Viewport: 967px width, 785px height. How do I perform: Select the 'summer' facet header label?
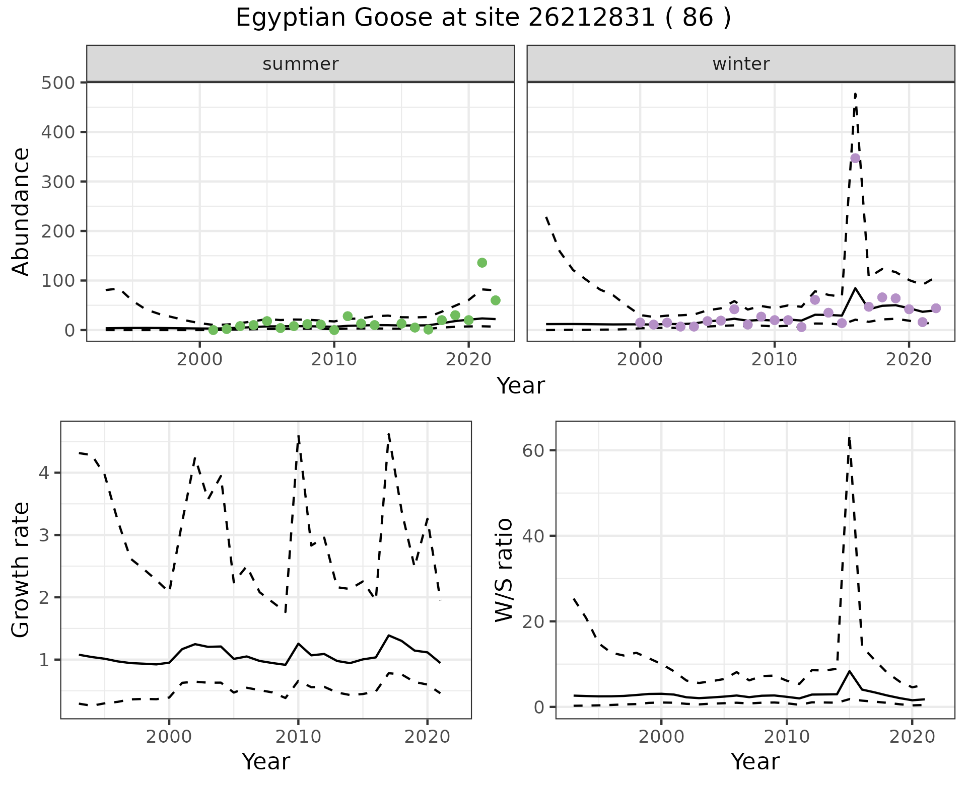click(x=301, y=64)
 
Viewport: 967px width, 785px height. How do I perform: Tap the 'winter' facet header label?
click(x=741, y=64)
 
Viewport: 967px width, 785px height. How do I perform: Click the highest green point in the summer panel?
click(x=482, y=263)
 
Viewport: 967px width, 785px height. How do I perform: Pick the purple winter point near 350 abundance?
click(x=855, y=158)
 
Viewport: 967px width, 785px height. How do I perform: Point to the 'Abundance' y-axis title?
click(x=21, y=211)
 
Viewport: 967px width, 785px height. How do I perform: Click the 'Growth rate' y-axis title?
click(x=21, y=570)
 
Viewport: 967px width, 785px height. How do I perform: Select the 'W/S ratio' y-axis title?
click(x=504, y=570)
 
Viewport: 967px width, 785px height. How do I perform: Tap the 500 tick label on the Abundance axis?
click(x=58, y=83)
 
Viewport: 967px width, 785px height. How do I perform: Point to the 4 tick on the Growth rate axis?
click(x=44, y=473)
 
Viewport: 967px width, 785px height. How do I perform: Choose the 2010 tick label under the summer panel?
click(x=334, y=360)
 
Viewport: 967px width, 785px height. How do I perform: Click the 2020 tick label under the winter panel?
click(x=909, y=360)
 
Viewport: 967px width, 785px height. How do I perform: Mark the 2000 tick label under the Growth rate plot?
click(x=169, y=737)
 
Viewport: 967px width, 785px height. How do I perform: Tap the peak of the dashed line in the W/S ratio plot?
click(x=849, y=438)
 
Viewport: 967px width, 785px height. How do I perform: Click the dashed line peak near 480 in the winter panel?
click(x=855, y=94)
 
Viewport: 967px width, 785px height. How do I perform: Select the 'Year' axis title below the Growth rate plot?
click(x=266, y=761)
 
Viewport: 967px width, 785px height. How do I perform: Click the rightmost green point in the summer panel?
click(x=496, y=300)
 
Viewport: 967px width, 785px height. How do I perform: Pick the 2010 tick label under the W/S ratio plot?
click(x=787, y=737)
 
